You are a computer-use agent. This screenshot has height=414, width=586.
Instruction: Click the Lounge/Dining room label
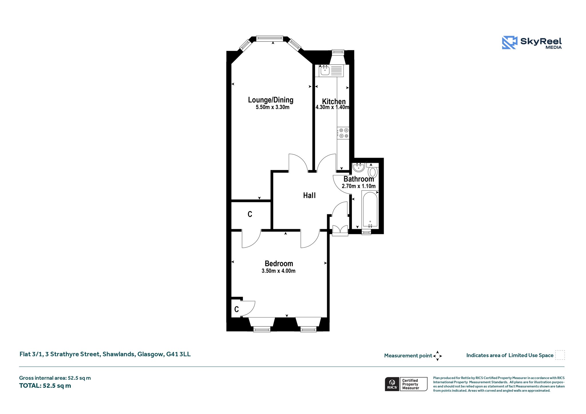[271, 100]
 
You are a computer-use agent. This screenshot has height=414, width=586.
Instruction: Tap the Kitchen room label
[334, 101]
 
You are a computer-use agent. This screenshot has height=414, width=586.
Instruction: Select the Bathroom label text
[359, 179]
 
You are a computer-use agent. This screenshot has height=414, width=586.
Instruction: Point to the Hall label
[309, 195]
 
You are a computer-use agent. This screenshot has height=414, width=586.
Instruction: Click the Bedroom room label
[279, 264]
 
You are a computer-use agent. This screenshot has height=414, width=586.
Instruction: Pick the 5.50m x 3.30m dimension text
[272, 107]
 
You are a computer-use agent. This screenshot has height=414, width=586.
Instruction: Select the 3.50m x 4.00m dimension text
[278, 271]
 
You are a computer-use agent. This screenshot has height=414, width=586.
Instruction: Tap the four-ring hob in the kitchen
[343, 133]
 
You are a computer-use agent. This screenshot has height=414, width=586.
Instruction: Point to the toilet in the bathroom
[373, 171]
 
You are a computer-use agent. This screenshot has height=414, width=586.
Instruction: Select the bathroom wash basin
[359, 167]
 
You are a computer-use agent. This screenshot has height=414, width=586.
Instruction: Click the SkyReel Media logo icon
[510, 43]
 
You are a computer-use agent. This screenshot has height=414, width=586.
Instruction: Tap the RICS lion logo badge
[392, 384]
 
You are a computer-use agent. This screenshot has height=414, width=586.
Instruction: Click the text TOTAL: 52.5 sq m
[45, 386]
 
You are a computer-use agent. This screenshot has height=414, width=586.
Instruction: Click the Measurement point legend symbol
[437, 356]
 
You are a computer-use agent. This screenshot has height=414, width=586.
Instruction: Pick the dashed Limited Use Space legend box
[560, 355]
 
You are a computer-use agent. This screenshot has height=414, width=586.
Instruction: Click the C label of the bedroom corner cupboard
[236, 309]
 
